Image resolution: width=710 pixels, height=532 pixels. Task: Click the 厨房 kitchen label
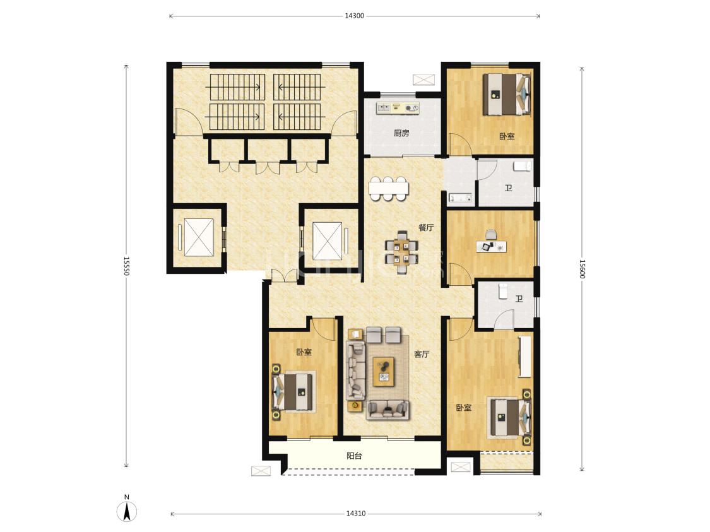401,133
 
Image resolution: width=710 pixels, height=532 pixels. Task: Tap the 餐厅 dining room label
425,227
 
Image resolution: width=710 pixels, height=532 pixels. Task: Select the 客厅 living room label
422,354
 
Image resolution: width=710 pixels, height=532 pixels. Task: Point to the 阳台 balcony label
354,456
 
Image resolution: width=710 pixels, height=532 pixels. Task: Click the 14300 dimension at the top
354,16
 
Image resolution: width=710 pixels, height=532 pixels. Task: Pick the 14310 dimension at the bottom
356,514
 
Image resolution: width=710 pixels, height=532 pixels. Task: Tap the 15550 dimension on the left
126,266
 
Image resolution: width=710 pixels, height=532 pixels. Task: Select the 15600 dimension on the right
583,269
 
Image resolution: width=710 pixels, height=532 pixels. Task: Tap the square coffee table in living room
384,372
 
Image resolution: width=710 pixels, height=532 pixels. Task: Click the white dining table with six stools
389,188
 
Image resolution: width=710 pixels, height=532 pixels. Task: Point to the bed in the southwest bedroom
294,391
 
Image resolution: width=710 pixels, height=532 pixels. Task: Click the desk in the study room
491,246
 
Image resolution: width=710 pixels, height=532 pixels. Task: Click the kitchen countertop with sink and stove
398,108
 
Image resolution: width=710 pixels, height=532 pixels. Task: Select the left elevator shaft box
198,238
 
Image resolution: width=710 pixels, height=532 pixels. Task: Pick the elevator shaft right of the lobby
328,241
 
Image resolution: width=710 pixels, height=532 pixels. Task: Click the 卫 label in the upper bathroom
509,188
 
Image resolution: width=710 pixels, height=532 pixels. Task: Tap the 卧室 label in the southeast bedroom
464,408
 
